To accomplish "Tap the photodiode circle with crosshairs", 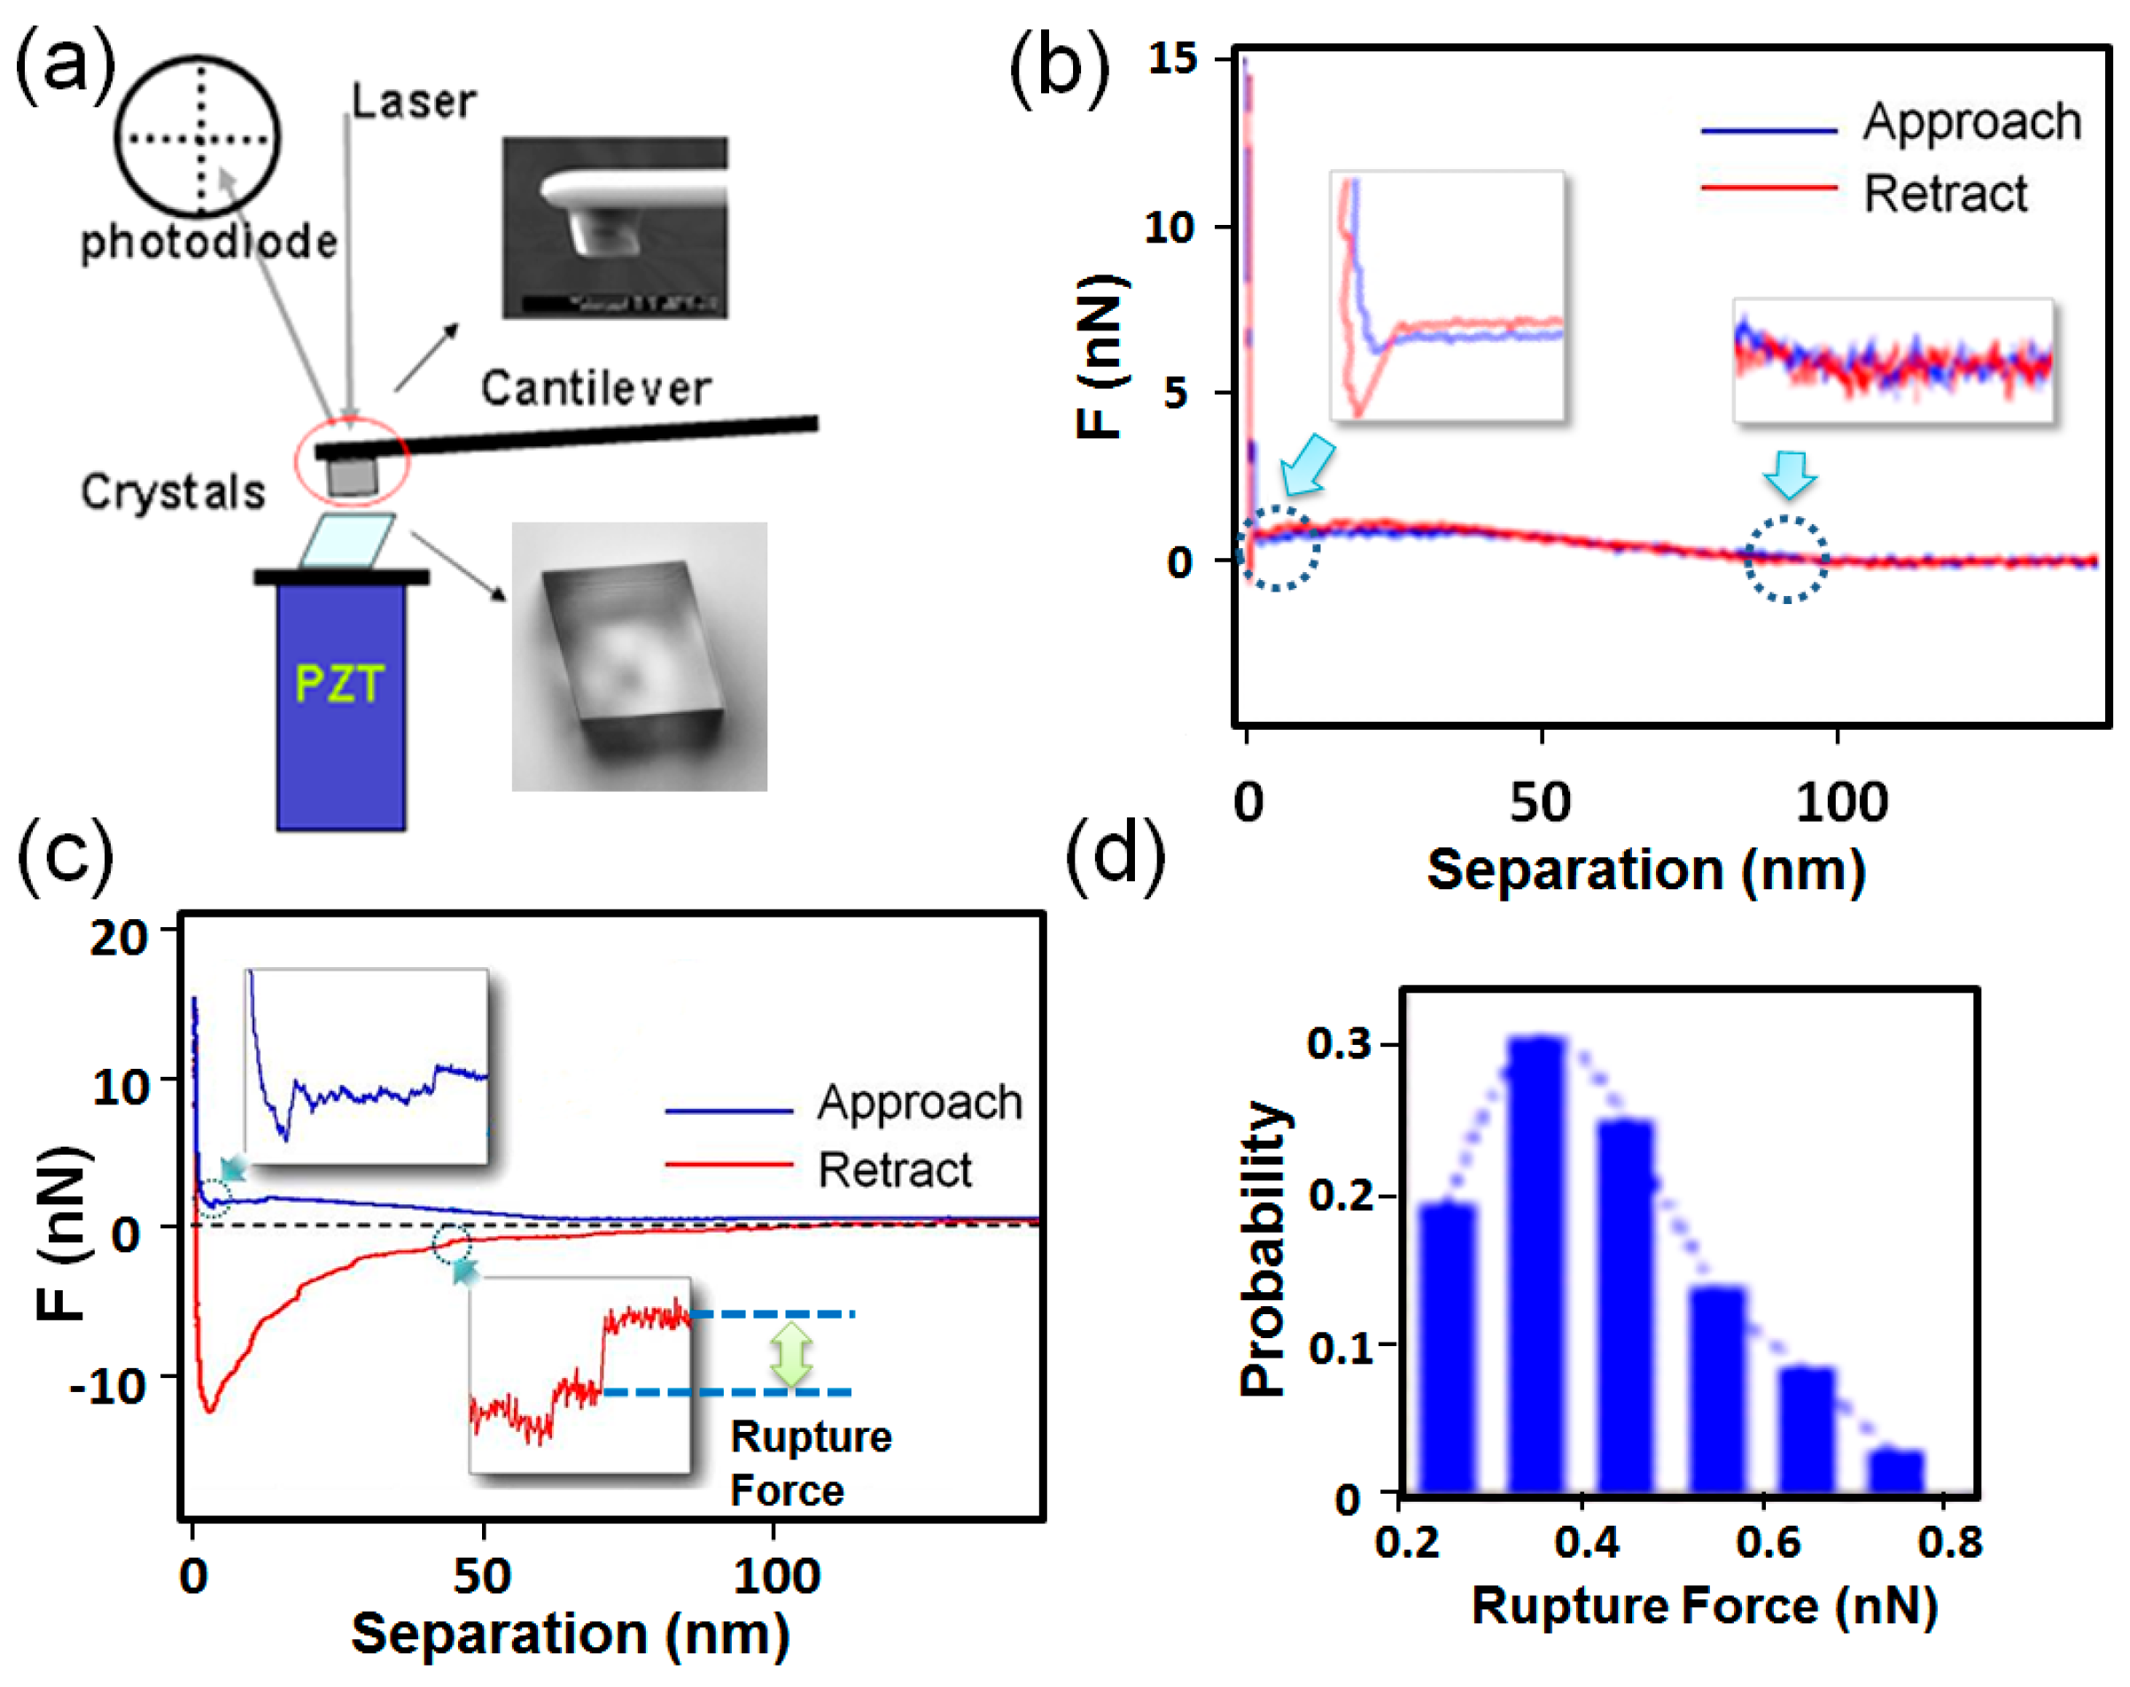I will (x=198, y=137).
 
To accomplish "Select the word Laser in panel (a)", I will (x=414, y=102).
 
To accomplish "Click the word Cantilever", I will (x=595, y=388).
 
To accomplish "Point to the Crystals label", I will (x=173, y=491).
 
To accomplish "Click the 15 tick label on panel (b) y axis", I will (x=1173, y=59).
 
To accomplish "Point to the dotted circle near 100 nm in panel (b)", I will (x=1785, y=559).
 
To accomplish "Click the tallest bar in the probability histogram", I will (x=1536, y=1265).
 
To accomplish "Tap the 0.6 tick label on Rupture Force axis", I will (x=1767, y=1542).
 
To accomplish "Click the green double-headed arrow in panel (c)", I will (x=790, y=1353).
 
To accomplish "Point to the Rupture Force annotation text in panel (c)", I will (x=810, y=1463).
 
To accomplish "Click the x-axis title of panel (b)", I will (x=1646, y=871).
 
